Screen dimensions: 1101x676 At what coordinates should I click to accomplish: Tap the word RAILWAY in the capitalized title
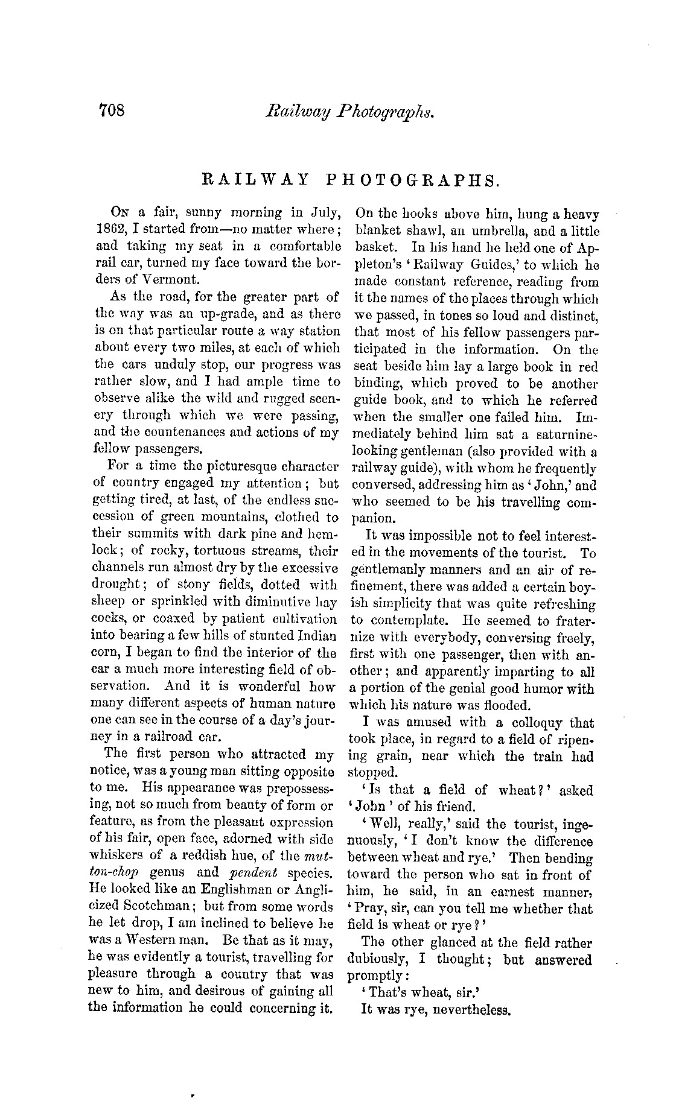[255, 180]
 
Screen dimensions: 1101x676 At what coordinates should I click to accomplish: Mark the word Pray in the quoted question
[374, 909]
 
